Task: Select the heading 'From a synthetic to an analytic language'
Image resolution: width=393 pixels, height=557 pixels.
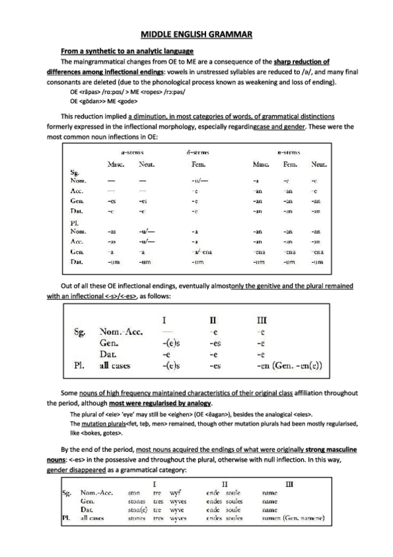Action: coord(127,51)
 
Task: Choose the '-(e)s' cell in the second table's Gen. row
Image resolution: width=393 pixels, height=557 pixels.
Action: coord(170,342)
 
